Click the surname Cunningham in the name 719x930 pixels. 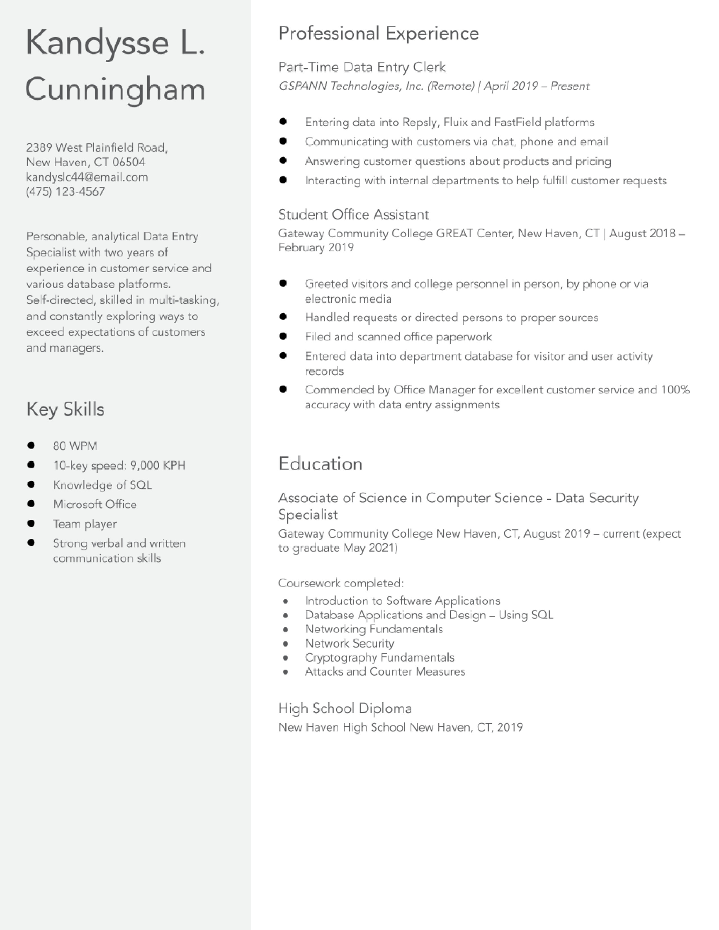[115, 89]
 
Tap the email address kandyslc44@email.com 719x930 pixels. [87, 177]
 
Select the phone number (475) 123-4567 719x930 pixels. [66, 192]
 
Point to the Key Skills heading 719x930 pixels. [65, 409]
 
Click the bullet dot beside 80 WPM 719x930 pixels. [31, 445]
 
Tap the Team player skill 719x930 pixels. [85, 524]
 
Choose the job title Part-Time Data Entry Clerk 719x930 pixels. [362, 67]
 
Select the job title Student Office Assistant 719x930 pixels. [354, 215]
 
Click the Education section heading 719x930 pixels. [320, 464]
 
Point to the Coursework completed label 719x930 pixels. [341, 583]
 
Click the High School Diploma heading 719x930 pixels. [345, 708]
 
